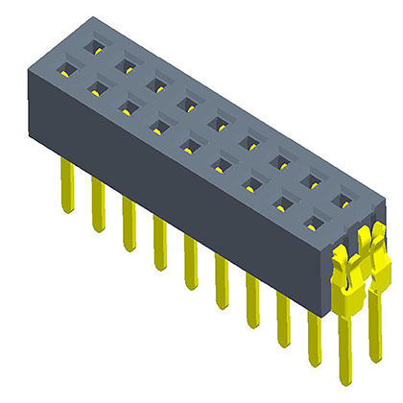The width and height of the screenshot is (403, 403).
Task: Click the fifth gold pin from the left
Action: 189,259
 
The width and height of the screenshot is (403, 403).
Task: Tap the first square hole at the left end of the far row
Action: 94,46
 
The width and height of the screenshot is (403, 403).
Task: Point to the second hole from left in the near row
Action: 96,89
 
